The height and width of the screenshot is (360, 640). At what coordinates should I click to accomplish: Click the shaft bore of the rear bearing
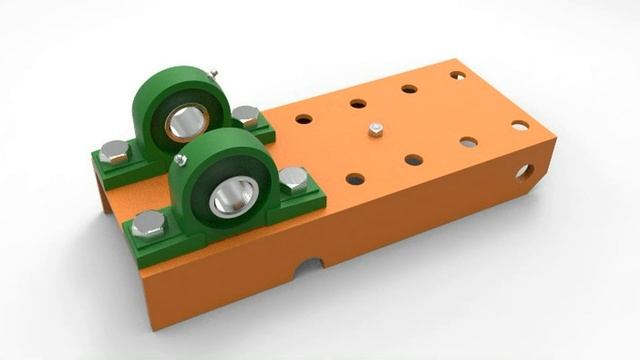click(x=185, y=122)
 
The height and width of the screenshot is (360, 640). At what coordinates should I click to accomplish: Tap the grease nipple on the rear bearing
click(x=212, y=73)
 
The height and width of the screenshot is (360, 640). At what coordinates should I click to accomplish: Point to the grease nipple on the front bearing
click(x=180, y=159)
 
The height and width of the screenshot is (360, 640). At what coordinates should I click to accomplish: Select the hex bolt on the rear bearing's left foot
click(x=114, y=152)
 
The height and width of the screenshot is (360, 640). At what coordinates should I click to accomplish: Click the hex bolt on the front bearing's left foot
click(x=148, y=223)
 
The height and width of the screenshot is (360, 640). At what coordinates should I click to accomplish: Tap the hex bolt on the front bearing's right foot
click(x=293, y=179)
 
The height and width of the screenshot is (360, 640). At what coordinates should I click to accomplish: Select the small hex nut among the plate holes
click(x=375, y=130)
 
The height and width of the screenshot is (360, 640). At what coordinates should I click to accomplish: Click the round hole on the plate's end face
click(x=524, y=172)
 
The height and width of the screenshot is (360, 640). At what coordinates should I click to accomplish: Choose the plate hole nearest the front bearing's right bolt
click(x=355, y=179)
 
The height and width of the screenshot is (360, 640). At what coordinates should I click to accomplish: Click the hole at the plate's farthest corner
click(x=457, y=75)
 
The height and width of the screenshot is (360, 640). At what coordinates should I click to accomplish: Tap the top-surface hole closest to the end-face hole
click(x=520, y=126)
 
